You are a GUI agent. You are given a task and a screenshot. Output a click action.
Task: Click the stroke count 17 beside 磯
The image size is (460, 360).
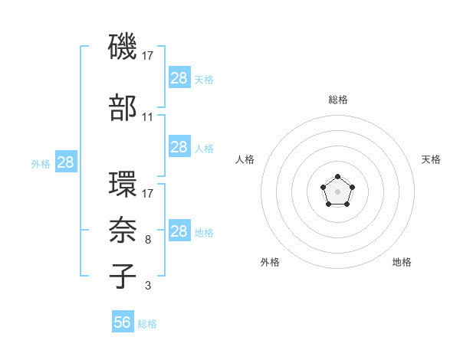point(148,56)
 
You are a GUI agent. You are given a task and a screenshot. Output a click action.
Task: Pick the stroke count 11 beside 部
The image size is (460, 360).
point(148,117)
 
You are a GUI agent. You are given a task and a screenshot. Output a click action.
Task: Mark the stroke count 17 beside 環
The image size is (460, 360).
point(148,194)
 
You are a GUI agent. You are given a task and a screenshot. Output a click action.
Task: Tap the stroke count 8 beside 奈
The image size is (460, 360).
point(148,240)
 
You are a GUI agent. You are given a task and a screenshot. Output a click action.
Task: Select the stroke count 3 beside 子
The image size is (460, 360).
point(148,286)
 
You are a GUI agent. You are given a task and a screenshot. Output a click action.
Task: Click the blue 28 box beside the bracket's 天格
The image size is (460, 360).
point(179,78)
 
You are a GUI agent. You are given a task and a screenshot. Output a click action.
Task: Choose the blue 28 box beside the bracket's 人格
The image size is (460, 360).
point(179,147)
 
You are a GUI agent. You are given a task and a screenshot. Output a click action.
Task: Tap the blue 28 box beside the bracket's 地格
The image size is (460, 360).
point(179,231)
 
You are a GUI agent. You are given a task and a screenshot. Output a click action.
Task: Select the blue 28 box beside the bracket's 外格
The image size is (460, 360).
point(65,162)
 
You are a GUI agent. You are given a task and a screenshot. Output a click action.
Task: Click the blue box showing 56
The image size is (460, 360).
point(123,322)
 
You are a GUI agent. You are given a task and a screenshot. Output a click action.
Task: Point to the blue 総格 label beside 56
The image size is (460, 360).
point(147,324)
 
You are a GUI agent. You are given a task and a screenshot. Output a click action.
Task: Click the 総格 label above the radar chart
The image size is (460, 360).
point(337,100)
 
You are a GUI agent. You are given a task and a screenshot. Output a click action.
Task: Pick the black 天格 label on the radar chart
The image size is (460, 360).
point(431,159)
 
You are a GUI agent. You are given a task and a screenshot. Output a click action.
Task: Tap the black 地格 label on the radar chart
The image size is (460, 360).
point(402,262)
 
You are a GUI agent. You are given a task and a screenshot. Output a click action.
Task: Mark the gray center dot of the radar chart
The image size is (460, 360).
point(337,191)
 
